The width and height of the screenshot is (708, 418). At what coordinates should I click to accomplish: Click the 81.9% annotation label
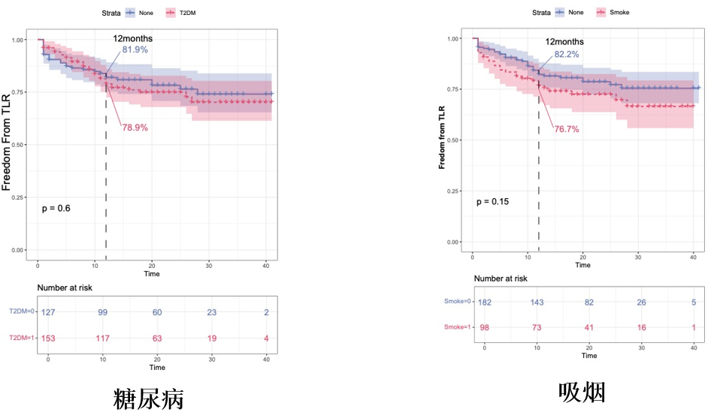136,50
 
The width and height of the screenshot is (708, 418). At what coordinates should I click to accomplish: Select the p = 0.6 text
56,208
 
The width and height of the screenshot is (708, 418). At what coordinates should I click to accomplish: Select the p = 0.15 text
493,202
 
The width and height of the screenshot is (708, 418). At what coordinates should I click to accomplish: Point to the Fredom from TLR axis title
443,139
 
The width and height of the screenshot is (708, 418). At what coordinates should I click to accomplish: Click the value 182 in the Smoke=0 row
484,302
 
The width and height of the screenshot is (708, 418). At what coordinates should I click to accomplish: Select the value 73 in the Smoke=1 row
537,328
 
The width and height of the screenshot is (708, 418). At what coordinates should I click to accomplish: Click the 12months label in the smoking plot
564,42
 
